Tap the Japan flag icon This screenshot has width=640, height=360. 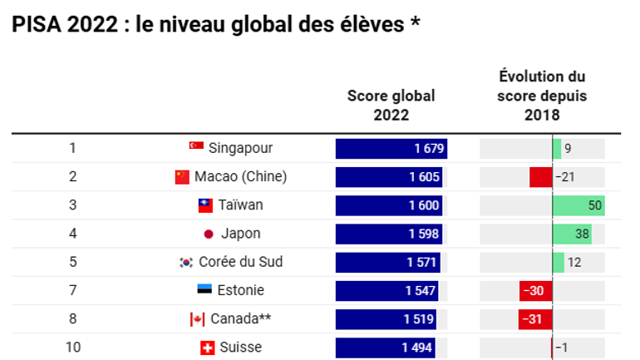pyautogui.click(x=209, y=234)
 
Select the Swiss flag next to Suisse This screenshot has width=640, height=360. pyautogui.click(x=208, y=348)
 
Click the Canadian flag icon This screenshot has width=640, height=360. pyautogui.click(x=197, y=319)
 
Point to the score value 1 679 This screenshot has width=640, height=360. pyautogui.click(x=430, y=149)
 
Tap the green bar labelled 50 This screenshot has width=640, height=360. pyautogui.click(x=578, y=205)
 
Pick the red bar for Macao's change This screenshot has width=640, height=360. pyautogui.click(x=541, y=177)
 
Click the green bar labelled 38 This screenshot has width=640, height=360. pyautogui.click(x=572, y=234)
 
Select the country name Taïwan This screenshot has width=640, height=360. pyautogui.click(x=241, y=205)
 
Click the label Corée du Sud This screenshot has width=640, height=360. pyautogui.click(x=241, y=262)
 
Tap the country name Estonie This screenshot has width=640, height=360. pyautogui.click(x=242, y=290)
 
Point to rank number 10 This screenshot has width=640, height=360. pyautogui.click(x=73, y=348)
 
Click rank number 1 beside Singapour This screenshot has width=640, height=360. pyautogui.click(x=72, y=148)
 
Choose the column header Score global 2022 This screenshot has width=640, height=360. pyautogui.click(x=391, y=106)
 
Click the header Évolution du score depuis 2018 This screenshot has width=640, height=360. pyautogui.click(x=542, y=96)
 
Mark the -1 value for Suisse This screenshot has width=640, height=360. pyautogui.click(x=562, y=348)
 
